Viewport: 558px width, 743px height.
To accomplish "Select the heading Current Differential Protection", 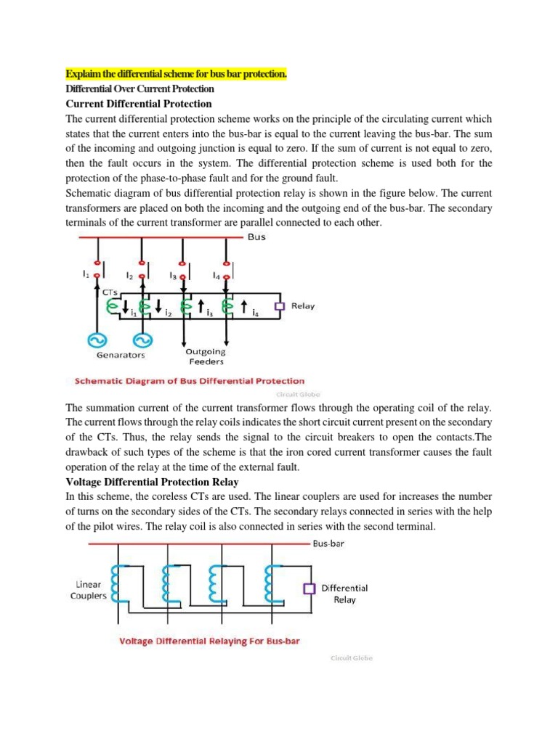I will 139,104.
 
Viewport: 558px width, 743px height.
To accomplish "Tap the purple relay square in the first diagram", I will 278,306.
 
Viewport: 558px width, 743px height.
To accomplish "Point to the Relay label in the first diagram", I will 303,306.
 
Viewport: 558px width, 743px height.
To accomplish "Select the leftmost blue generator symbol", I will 94,340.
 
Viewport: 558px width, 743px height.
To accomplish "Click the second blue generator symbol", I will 142,340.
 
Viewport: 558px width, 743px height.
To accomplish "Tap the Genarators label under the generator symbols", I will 121,356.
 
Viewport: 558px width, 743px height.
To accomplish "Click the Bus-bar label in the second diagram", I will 331,543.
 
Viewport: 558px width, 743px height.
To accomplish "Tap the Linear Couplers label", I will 89,590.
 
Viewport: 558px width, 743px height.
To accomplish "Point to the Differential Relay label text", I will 344,594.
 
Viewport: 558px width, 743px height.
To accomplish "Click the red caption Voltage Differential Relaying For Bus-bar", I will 210,641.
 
